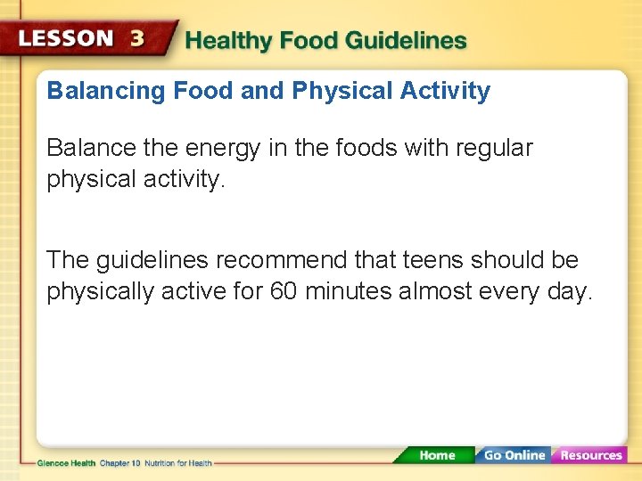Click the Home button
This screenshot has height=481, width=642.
click(x=436, y=455)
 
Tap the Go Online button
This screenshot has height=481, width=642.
click(x=514, y=455)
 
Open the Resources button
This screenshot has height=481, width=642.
click(x=590, y=455)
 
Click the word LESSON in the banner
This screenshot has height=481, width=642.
click(x=68, y=39)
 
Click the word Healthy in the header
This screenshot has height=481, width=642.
click(x=227, y=40)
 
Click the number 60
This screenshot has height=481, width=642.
click(x=283, y=292)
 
